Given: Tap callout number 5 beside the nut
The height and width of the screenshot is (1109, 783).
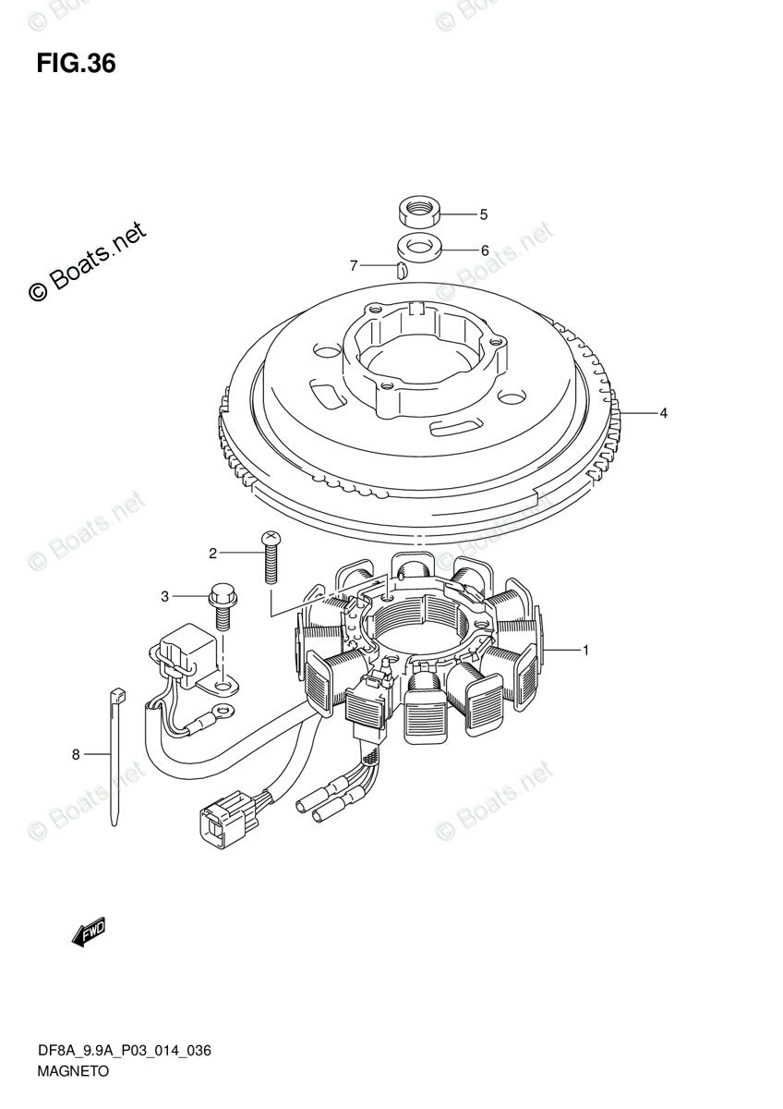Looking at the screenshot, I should [482, 214].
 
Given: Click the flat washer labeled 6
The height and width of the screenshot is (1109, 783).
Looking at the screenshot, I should [417, 248].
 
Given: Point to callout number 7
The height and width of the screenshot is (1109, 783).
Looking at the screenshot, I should [354, 266].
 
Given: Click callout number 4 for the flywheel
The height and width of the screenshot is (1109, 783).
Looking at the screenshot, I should [663, 413].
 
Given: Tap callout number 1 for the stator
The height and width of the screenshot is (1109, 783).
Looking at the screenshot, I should [585, 651].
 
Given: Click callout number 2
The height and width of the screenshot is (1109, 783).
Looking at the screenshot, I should [212, 554].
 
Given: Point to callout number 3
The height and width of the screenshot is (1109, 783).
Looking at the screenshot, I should [165, 597].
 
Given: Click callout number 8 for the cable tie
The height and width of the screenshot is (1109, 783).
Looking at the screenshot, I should [77, 755].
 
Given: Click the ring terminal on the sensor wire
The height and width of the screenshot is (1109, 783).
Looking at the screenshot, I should [222, 712].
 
